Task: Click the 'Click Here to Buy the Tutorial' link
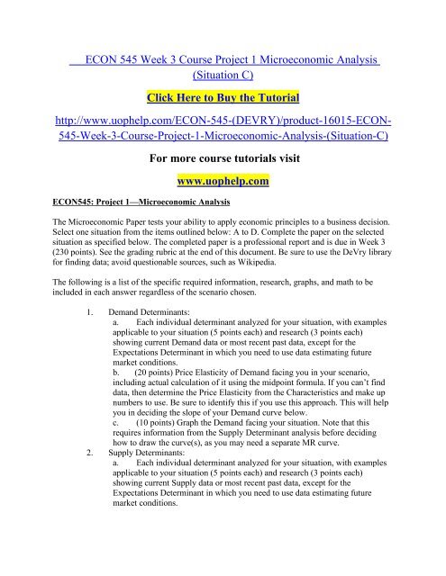coord(223,96)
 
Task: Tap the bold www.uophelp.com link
coord(223,183)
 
